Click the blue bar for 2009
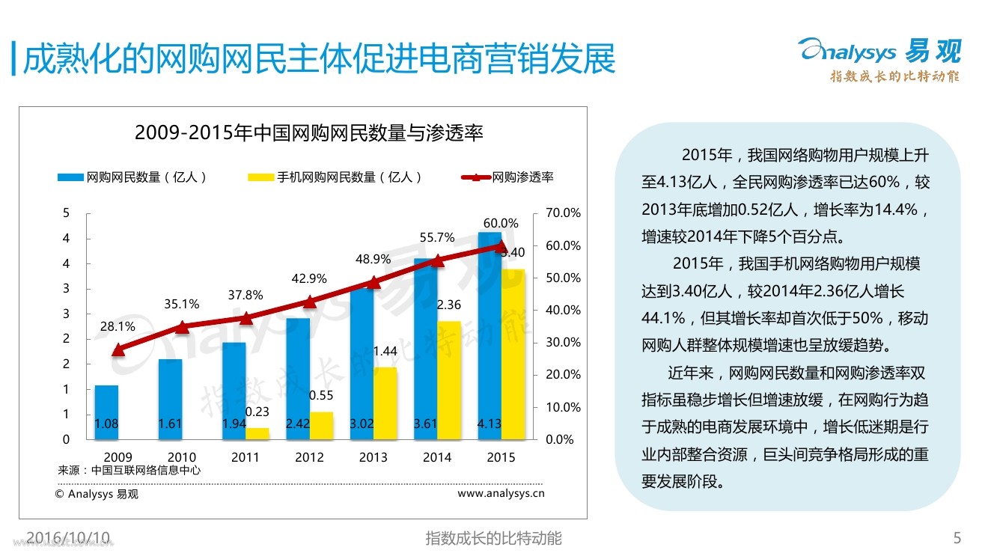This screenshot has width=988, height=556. (106, 412)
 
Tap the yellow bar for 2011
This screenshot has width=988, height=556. (257, 433)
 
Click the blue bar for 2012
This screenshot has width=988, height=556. (298, 378)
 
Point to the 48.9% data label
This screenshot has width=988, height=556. (373, 259)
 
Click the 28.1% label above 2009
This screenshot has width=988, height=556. (118, 326)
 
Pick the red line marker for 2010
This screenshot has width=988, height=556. (181, 326)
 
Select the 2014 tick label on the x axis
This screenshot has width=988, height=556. (437, 457)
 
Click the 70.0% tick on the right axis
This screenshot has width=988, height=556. (563, 213)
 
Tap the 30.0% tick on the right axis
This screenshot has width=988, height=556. (563, 342)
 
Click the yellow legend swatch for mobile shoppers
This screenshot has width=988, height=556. (260, 178)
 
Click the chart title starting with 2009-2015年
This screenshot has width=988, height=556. (308, 133)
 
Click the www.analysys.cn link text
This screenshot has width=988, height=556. (501, 493)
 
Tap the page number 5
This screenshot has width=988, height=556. (957, 537)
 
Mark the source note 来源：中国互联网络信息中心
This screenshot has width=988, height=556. (129, 471)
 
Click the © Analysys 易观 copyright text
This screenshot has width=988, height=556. (97, 494)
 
